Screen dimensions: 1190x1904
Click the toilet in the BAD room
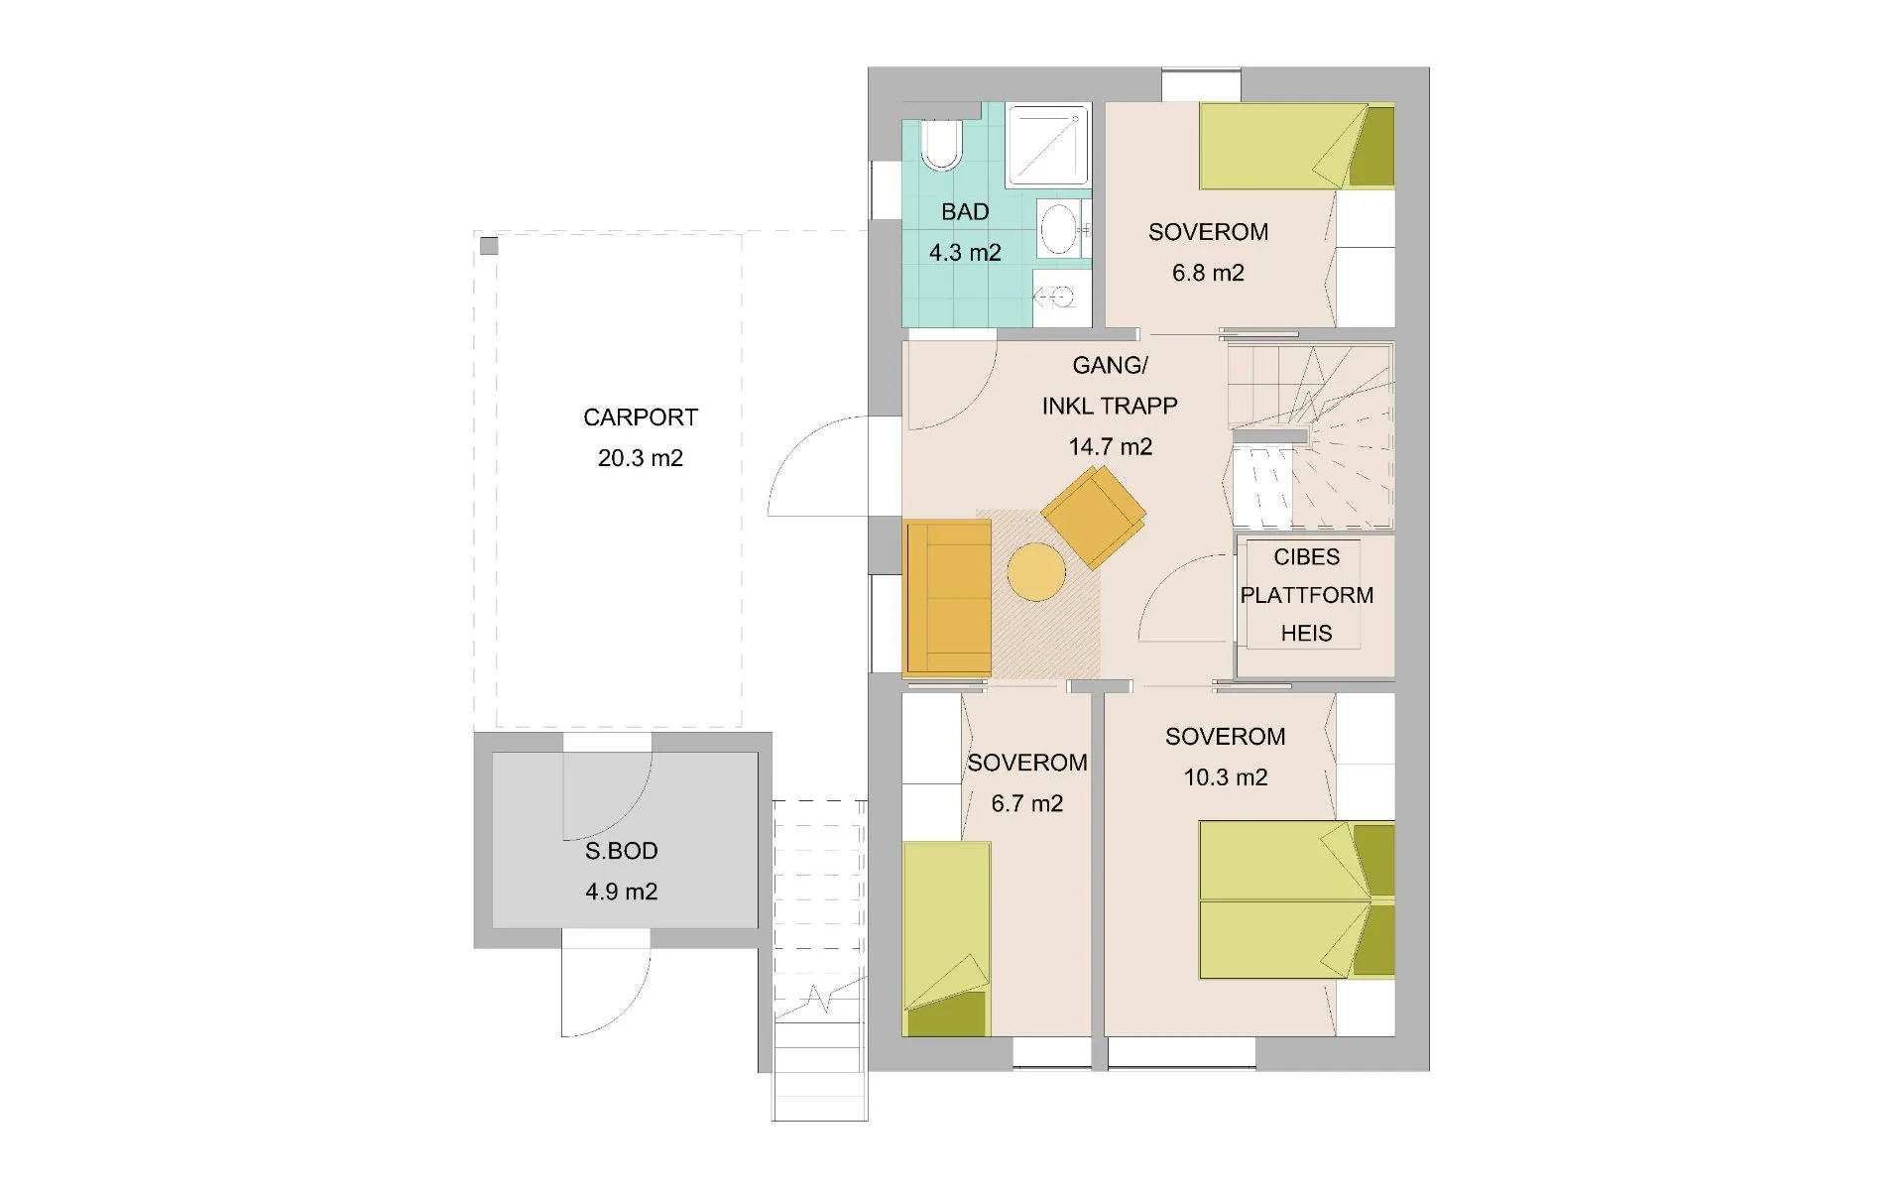click(x=940, y=145)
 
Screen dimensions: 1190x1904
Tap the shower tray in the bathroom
click(x=1048, y=147)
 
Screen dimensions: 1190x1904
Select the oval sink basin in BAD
click(x=1059, y=228)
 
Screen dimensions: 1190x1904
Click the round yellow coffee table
click(x=1036, y=571)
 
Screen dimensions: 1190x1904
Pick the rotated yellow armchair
click(x=1094, y=517)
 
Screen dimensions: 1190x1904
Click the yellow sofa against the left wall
click(x=948, y=597)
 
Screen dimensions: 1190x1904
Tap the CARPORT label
click(x=641, y=417)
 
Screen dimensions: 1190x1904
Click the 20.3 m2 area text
click(x=641, y=458)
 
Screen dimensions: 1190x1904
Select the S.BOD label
click(x=621, y=851)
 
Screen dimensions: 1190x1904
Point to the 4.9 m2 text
click(x=621, y=892)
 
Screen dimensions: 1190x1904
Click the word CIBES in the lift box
click(x=1306, y=557)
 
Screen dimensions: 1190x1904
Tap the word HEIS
click(x=1306, y=633)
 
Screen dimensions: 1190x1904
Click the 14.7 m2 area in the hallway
click(x=1110, y=447)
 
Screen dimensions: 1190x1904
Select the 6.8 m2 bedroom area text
click(x=1208, y=273)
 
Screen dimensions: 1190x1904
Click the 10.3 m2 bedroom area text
click(x=1226, y=777)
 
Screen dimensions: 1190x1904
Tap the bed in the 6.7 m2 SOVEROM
click(x=947, y=937)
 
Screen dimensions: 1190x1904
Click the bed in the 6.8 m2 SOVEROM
click(x=1295, y=146)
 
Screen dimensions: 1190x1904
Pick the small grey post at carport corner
click(x=489, y=245)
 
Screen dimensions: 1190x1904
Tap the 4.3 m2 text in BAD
click(x=965, y=253)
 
